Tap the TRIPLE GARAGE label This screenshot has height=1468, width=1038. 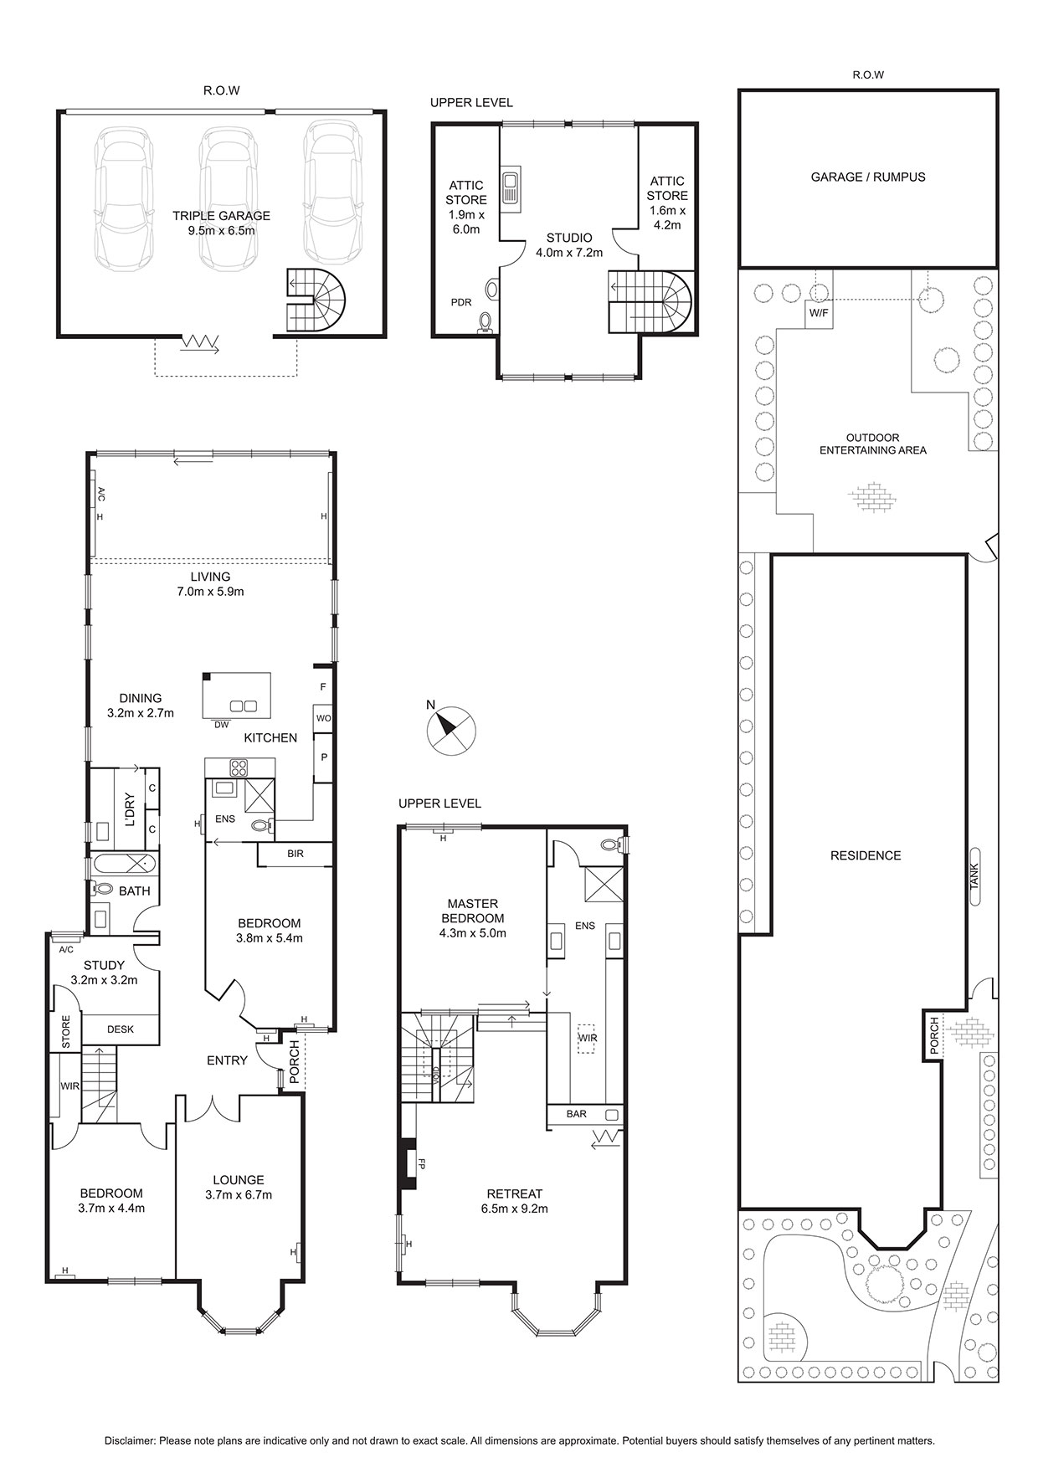221,216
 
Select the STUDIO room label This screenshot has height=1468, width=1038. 569,238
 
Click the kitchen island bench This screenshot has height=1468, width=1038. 238,695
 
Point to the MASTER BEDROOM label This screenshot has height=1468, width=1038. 473,911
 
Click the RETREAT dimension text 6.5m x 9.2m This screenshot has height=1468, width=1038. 515,1209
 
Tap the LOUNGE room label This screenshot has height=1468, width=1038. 239,1180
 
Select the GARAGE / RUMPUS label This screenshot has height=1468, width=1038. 868,177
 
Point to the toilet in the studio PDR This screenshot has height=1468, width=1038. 485,323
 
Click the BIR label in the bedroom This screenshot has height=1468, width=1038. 295,854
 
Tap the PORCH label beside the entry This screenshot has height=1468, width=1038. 294,1062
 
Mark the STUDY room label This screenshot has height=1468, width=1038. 104,965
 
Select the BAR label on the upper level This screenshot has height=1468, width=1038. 577,1114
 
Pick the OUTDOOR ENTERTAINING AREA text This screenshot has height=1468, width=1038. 873,444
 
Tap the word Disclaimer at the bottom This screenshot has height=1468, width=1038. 130,1440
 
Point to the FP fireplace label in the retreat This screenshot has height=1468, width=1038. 422,1163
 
